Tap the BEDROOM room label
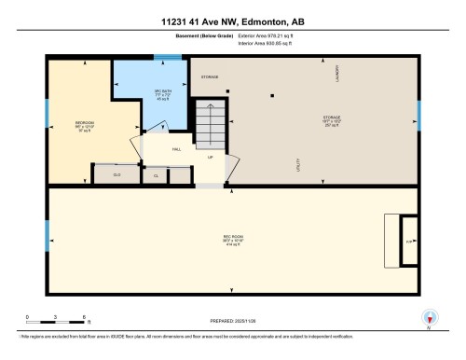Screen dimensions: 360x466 (x=83, y=122)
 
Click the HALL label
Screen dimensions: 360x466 (x=176, y=148)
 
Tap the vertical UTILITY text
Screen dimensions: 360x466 (x=296, y=163)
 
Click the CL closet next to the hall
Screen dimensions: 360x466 (x=156, y=174)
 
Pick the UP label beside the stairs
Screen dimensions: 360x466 (x=210, y=157)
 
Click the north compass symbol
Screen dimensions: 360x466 (x=429, y=317)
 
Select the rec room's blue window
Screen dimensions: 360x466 (x=47, y=231)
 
